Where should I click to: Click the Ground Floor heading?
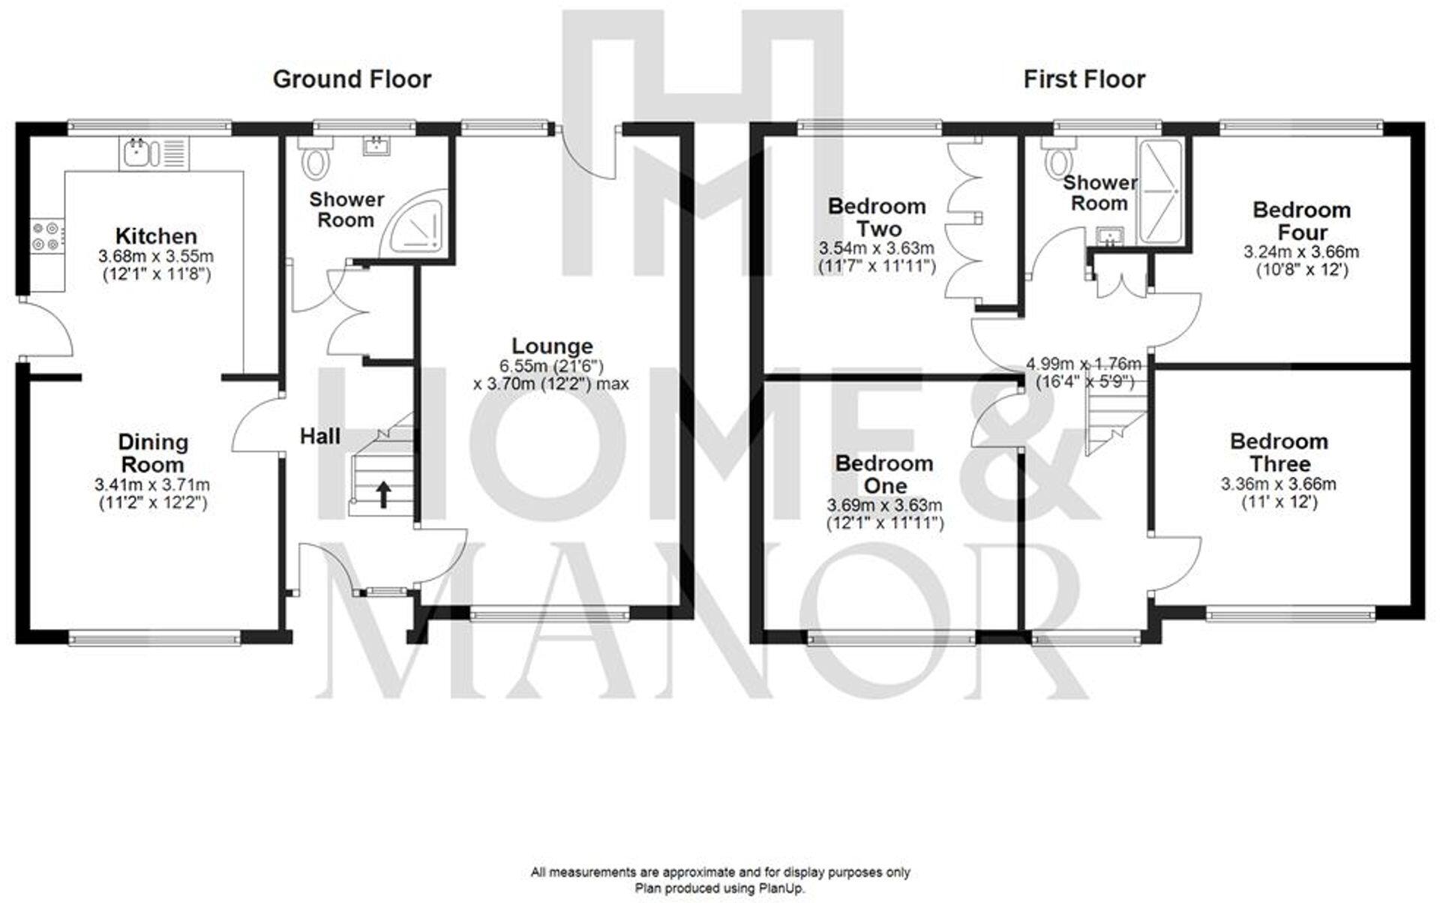pyautogui.click(x=352, y=79)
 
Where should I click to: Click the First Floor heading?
pyautogui.click(x=1084, y=79)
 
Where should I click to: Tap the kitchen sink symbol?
pyautogui.click(x=138, y=152)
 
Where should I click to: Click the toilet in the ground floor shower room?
pyautogui.click(x=314, y=160)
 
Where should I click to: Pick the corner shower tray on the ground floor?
pyautogui.click(x=415, y=223)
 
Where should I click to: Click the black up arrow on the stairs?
pyautogui.click(x=383, y=495)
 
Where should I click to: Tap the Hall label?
pyautogui.click(x=320, y=436)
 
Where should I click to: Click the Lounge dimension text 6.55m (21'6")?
pyautogui.click(x=551, y=366)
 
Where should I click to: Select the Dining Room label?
pyautogui.click(x=153, y=453)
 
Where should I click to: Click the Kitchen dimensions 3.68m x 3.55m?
pyautogui.click(x=156, y=256)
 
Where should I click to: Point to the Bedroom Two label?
pyautogui.click(x=877, y=217)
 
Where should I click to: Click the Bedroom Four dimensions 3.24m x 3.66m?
pyautogui.click(x=1301, y=253)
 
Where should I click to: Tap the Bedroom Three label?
pyautogui.click(x=1279, y=452)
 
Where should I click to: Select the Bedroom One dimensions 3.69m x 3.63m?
pyautogui.click(x=885, y=505)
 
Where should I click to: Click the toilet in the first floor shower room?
pyautogui.click(x=1060, y=160)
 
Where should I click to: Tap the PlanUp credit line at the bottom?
pyautogui.click(x=720, y=889)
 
